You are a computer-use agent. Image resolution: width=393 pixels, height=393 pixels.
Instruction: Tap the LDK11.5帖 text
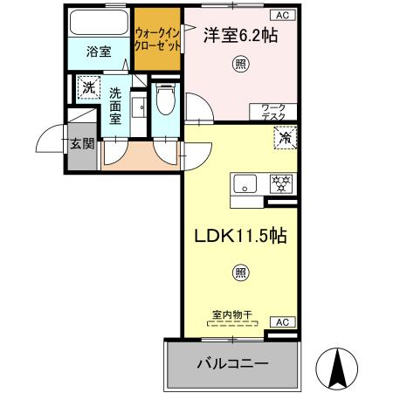(237, 236)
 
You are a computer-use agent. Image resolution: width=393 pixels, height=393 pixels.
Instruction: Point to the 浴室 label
(98, 52)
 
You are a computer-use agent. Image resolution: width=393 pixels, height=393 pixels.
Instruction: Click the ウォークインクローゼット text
(157, 38)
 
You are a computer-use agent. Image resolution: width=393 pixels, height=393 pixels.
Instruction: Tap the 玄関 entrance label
(82, 143)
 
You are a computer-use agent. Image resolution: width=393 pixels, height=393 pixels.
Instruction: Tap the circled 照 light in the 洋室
(239, 64)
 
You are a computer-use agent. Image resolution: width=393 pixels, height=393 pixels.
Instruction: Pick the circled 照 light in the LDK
(239, 273)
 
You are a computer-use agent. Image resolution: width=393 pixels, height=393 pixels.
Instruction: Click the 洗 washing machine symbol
(86, 87)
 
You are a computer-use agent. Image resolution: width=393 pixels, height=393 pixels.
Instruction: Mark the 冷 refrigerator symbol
(284, 136)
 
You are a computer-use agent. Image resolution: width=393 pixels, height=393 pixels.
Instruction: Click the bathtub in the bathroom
(99, 21)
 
